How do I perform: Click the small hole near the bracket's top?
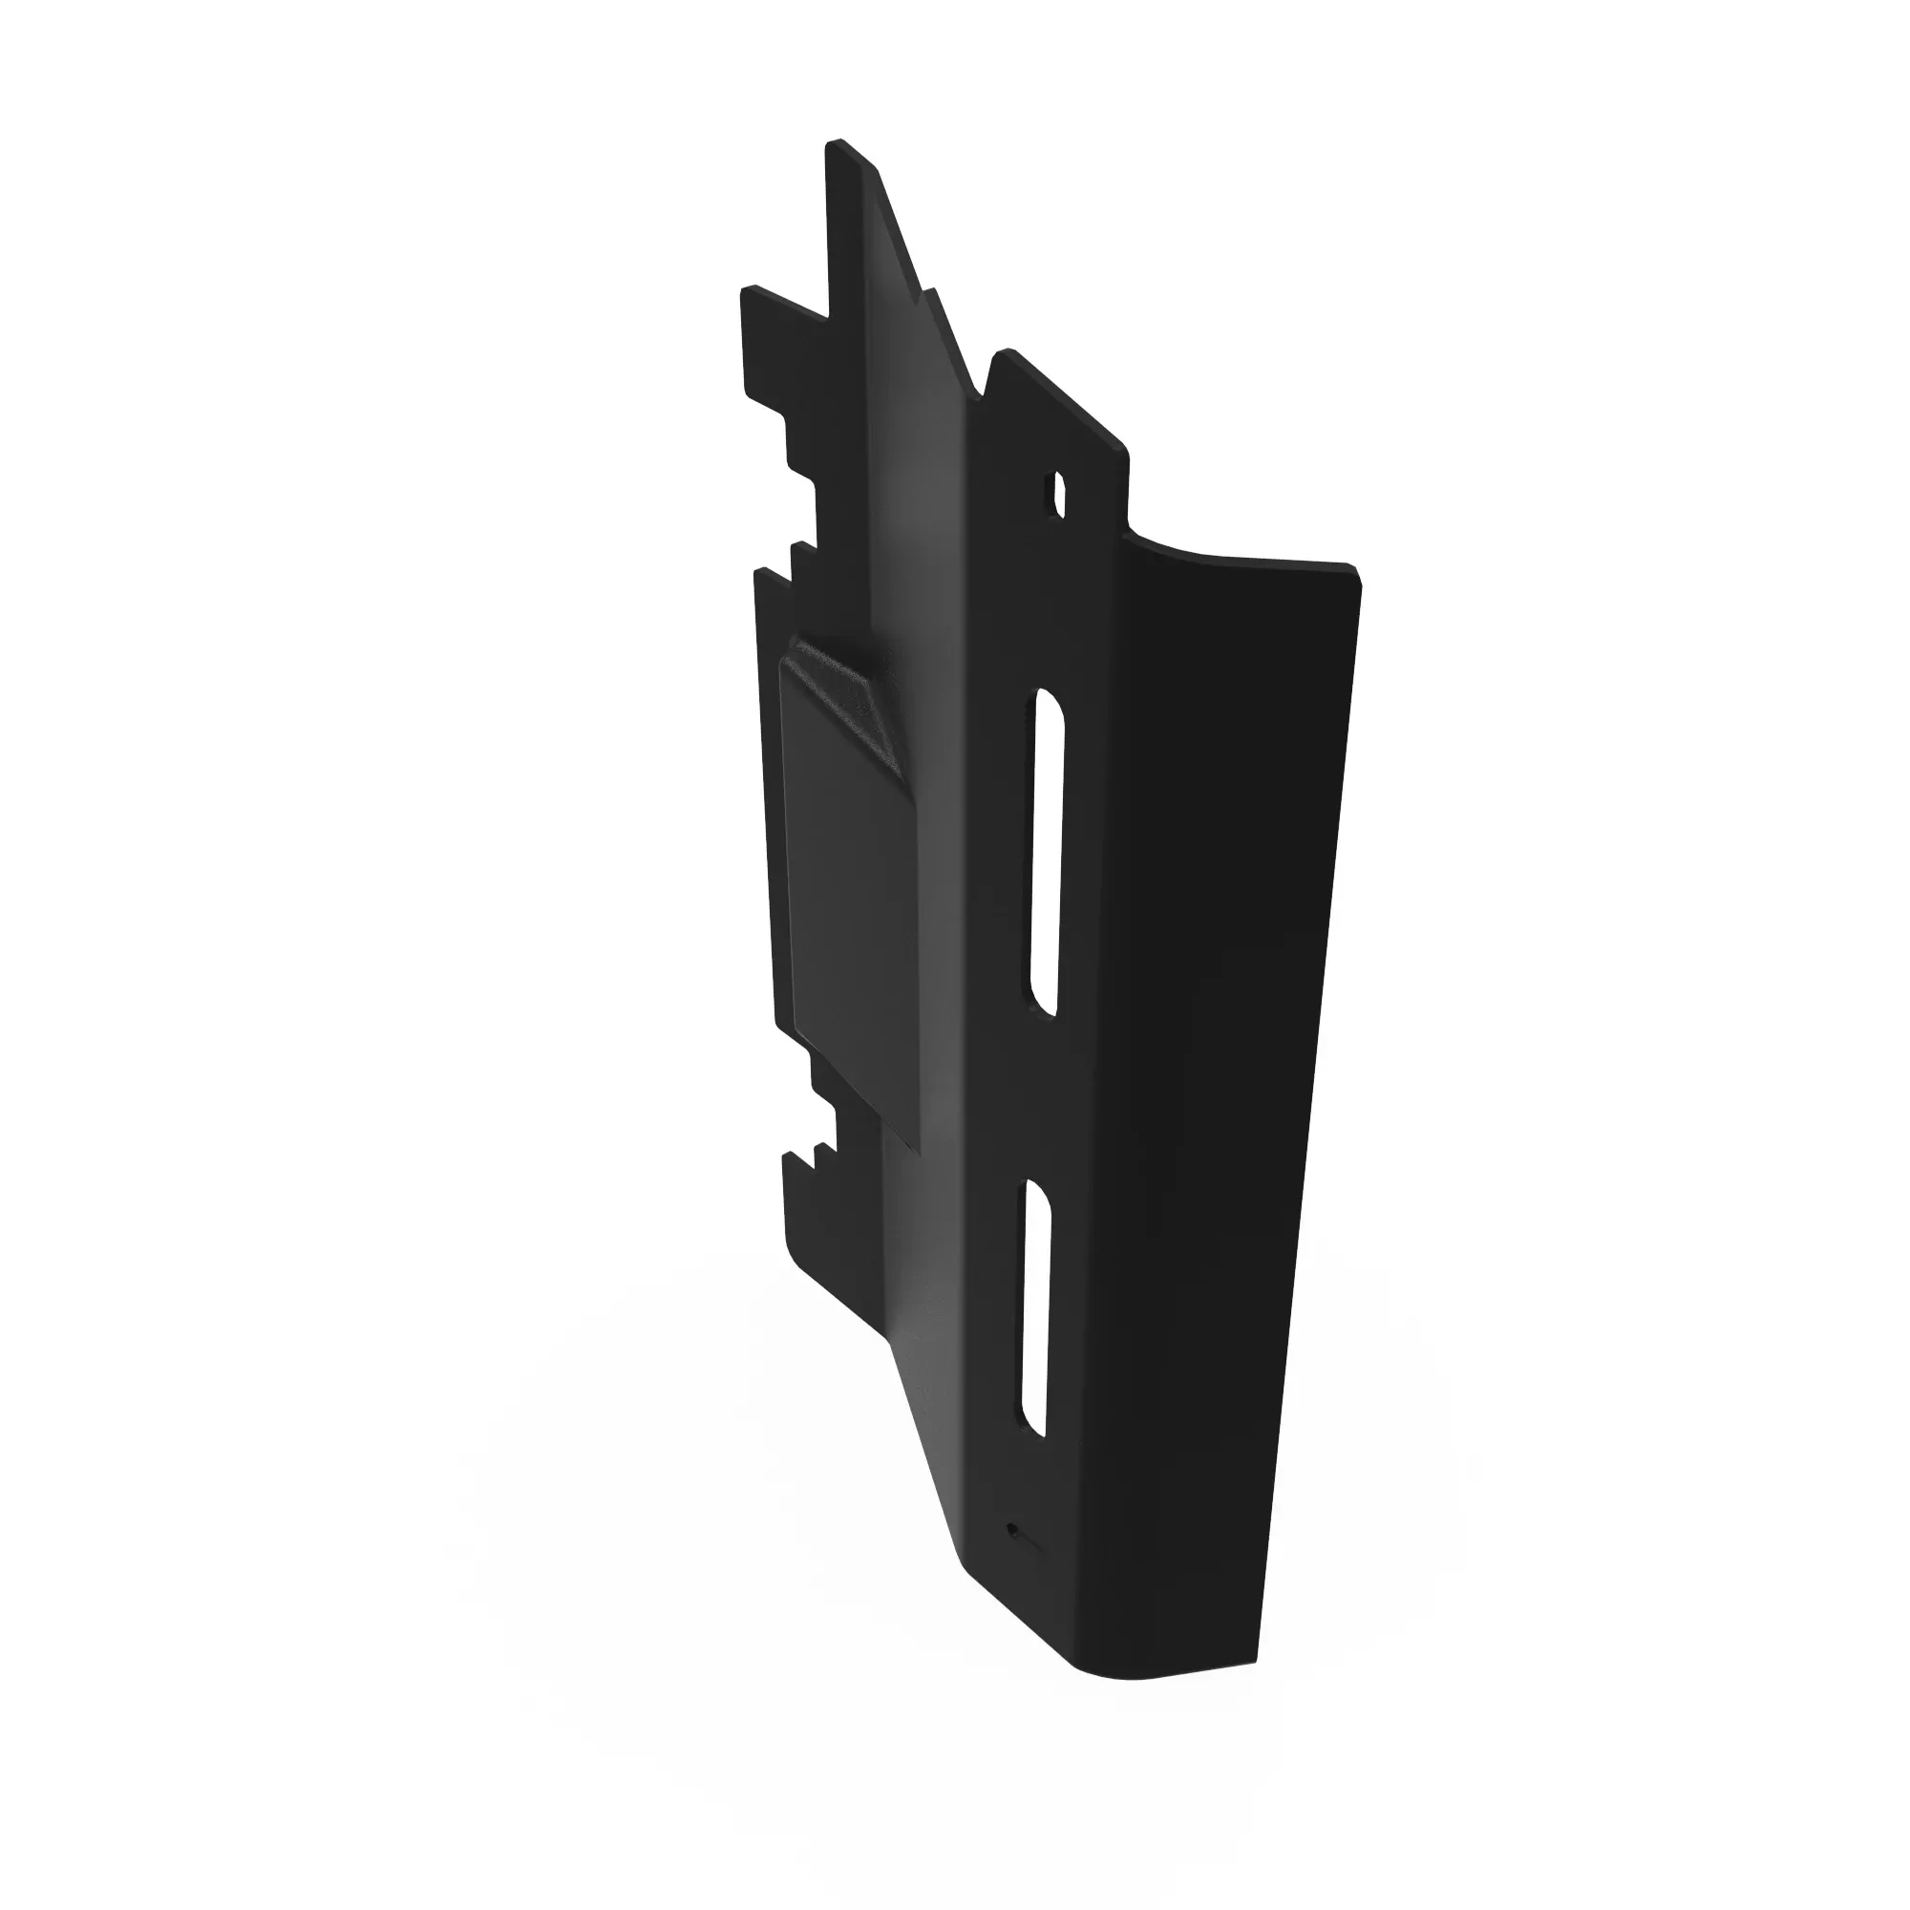coord(1058,495)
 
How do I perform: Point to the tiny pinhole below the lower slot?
coord(1011,1530)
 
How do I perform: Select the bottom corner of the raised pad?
coord(918,1153)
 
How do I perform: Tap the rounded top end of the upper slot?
coord(1050,697)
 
